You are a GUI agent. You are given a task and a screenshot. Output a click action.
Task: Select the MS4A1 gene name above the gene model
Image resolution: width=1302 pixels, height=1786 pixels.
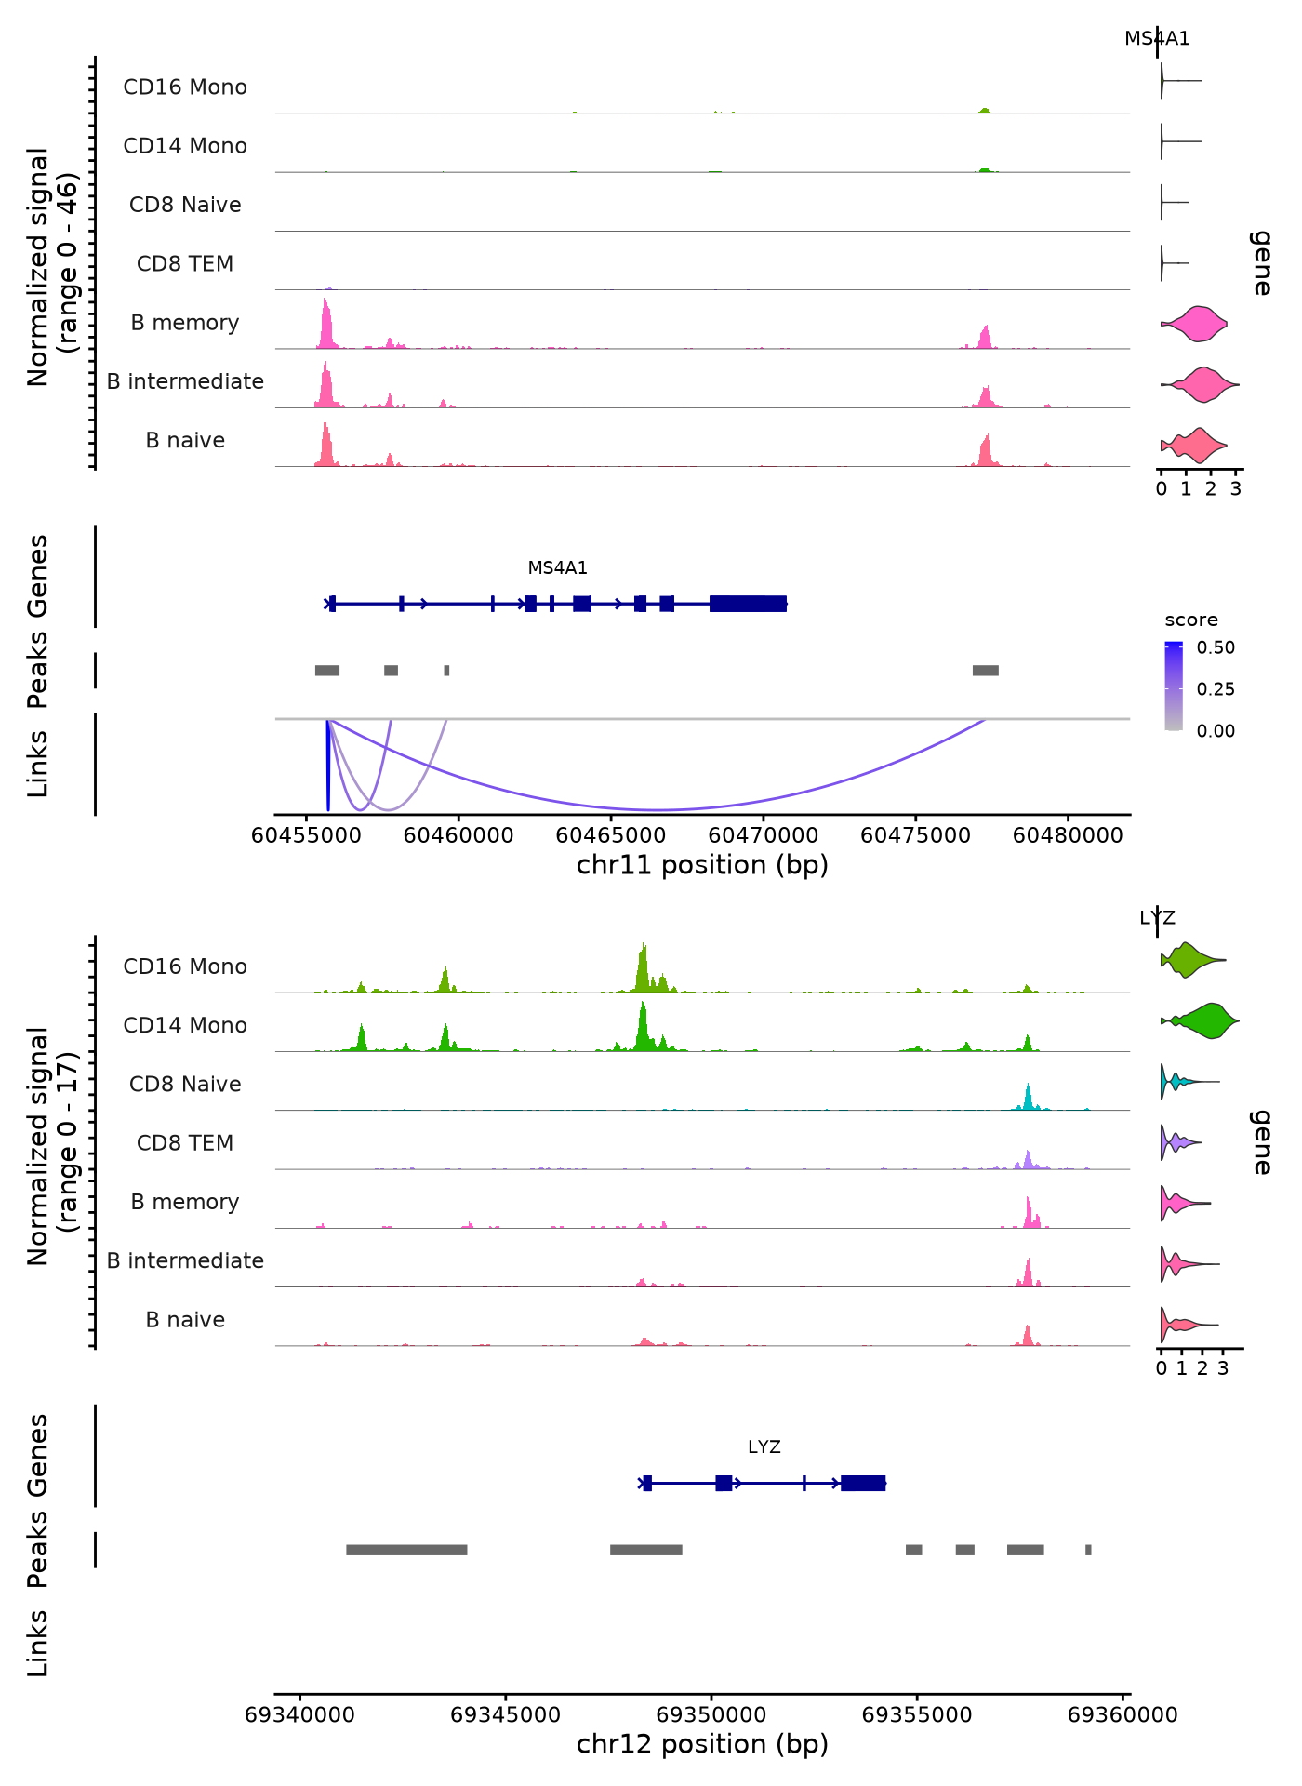[557, 567]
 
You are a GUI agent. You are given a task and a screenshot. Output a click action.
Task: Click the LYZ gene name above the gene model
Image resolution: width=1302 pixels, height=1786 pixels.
[764, 1446]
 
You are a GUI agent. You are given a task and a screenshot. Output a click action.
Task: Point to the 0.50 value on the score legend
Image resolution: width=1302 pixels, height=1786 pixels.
[1216, 647]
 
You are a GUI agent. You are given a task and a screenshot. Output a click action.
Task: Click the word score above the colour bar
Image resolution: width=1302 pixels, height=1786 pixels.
[1190, 620]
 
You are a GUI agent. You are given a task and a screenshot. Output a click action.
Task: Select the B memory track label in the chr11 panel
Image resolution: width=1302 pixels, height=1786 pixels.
[185, 323]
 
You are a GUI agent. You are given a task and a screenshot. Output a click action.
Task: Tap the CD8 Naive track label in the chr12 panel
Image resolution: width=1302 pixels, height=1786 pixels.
[185, 1084]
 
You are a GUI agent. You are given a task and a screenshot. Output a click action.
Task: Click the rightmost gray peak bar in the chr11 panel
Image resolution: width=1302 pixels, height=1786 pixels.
[985, 671]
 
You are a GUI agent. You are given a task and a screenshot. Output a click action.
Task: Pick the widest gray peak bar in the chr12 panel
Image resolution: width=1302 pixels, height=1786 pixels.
[406, 1550]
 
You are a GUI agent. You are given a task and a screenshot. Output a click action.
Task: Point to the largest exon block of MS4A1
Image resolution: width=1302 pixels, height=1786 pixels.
[748, 604]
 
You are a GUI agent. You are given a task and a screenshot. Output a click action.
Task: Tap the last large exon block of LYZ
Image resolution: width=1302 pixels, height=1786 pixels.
[862, 1483]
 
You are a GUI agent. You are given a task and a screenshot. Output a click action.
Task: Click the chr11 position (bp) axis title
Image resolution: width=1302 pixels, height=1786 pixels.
[702, 865]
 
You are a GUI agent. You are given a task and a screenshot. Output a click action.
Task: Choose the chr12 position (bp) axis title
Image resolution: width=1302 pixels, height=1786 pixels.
[702, 1744]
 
